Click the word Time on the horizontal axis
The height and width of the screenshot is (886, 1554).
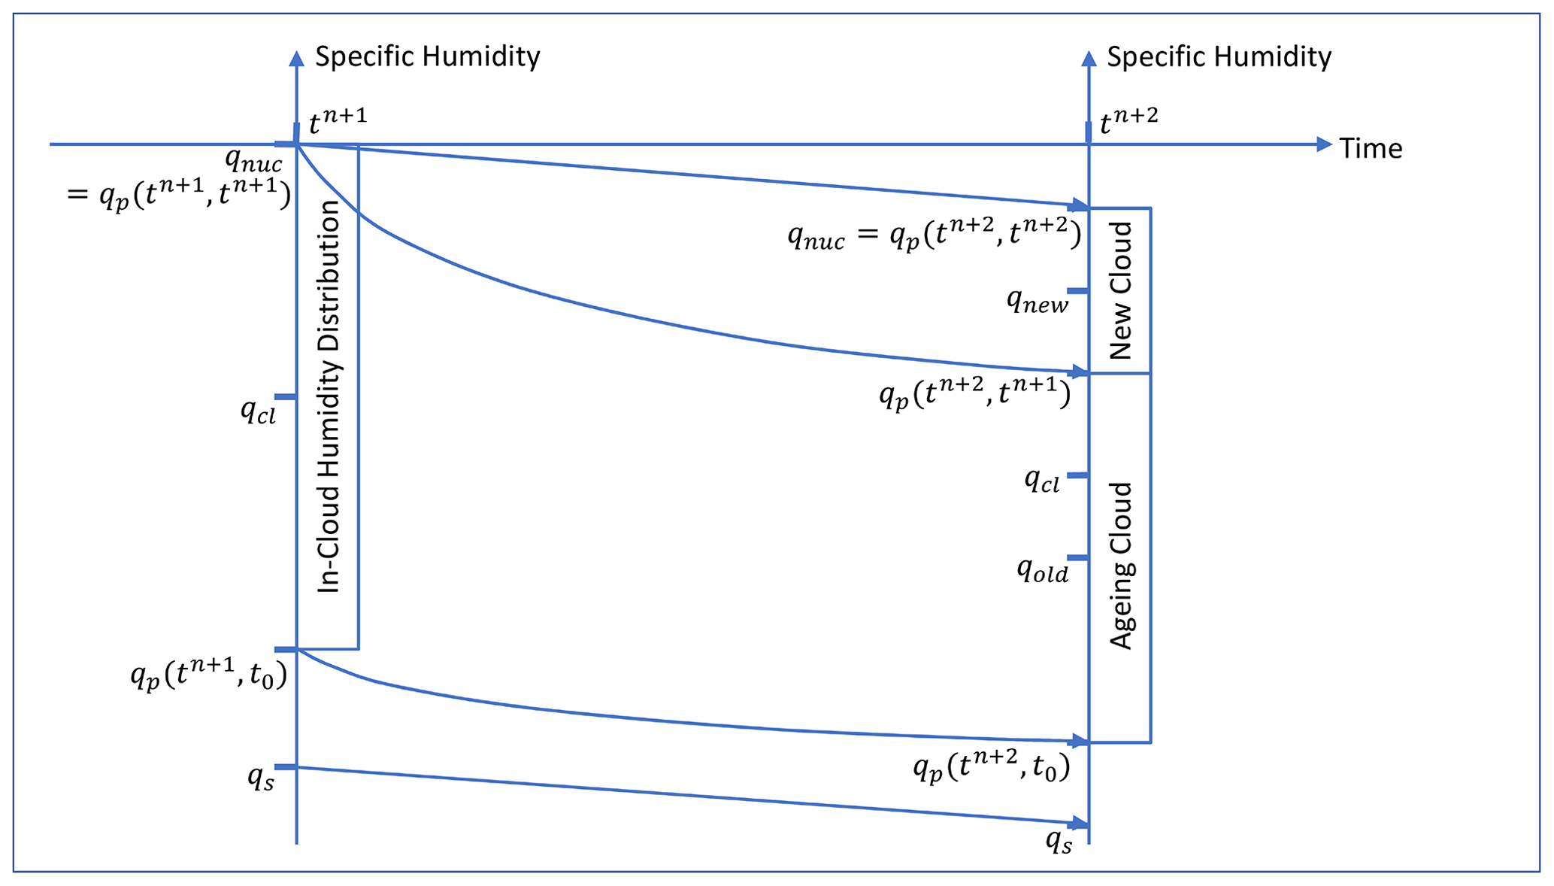1371,148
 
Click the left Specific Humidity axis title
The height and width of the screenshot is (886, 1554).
427,57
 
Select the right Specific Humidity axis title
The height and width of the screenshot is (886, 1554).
1219,57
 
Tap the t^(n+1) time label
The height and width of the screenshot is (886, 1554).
338,121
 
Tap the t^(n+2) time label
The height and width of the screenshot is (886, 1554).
1128,121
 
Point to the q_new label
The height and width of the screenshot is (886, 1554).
1038,302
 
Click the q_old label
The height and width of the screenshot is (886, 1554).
1042,572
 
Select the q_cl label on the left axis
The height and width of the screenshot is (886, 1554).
259,411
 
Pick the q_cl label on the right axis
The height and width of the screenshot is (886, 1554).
1042,480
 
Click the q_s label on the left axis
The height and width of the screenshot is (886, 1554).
261,778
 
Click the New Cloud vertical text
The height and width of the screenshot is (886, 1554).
1120,290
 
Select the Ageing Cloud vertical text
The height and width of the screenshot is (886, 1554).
1121,566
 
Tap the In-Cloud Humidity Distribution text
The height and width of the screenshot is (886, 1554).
329,396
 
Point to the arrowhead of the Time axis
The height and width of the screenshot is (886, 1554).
1324,144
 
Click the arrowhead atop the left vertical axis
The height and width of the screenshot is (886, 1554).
297,58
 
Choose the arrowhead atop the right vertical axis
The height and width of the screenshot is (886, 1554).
1088,58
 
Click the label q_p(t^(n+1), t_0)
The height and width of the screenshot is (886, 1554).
209,675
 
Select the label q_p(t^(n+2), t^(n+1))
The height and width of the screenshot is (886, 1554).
974,393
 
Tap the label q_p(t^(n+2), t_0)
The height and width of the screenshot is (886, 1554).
991,766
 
